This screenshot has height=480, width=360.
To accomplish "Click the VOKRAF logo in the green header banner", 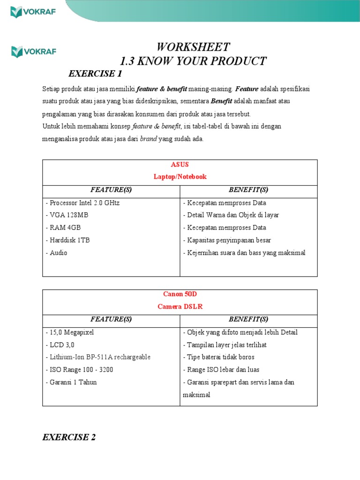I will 33,11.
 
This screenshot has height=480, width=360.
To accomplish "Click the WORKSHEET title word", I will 193,47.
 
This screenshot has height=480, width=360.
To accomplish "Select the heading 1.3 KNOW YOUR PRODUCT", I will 193,61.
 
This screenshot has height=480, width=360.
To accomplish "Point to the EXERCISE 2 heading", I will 69,437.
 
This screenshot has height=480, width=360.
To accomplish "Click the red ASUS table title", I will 180,165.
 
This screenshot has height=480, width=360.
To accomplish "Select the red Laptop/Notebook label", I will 180,177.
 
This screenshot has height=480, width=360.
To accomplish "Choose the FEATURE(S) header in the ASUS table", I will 111,190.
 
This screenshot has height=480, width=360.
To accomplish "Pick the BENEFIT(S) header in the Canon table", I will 248,319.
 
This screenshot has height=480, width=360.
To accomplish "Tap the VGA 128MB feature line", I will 67,215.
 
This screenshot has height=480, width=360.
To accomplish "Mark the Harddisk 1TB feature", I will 68,240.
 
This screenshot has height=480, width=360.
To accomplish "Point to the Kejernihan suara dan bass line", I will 244,253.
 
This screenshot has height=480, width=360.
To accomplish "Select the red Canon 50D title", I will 180,294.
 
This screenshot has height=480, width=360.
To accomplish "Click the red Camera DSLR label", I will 180,307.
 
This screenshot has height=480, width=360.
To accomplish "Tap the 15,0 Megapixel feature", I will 70,332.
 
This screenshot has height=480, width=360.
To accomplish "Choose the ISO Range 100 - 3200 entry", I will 80,370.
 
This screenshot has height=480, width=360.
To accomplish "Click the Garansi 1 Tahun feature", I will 71,382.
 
